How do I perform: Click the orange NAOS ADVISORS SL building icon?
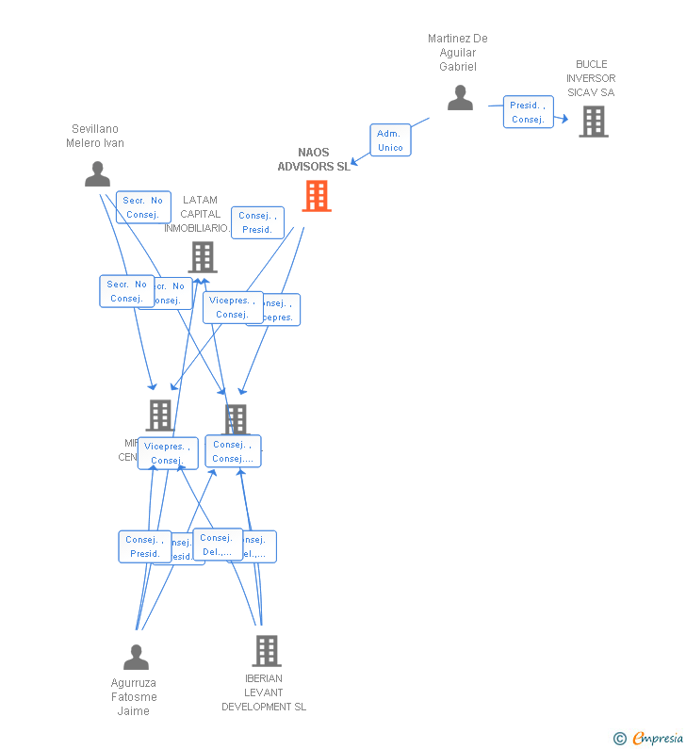click(x=316, y=196)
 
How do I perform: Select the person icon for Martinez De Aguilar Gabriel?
click(x=460, y=98)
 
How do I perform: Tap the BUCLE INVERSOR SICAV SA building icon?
click(x=593, y=122)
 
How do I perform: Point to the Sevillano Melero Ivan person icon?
click(x=97, y=174)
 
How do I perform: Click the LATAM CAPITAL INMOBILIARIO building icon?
click(x=202, y=256)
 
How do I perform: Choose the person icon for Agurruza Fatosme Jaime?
click(x=136, y=657)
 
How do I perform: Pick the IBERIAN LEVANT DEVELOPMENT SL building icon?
click(x=266, y=650)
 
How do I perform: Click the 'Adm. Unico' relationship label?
click(x=390, y=140)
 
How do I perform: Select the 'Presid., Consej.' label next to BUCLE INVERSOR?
click(x=528, y=112)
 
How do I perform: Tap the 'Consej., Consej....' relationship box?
click(x=233, y=451)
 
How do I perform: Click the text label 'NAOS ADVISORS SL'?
click(x=313, y=159)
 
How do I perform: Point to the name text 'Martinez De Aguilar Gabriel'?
click(x=458, y=53)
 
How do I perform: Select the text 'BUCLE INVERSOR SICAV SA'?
click(x=591, y=79)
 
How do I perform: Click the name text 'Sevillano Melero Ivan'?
click(x=95, y=137)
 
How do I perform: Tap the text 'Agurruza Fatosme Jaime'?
click(x=134, y=697)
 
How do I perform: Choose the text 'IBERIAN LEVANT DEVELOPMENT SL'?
click(x=264, y=692)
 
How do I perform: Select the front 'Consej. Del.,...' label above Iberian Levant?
click(x=218, y=545)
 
